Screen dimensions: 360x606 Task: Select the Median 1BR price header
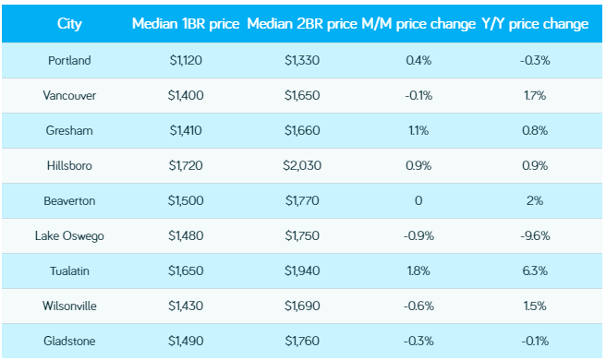pos(186,23)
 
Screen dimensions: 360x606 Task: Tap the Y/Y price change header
pos(535,23)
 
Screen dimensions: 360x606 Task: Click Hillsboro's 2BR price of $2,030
pos(303,165)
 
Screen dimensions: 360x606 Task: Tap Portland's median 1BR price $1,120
pos(186,60)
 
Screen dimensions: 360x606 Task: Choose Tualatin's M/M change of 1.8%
pos(418,270)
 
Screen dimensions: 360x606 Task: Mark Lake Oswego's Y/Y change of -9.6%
pos(535,235)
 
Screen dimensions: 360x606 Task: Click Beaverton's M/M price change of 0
pos(418,200)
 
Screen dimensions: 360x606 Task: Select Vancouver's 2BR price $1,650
pos(303,95)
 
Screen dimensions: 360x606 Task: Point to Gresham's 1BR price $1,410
pos(186,130)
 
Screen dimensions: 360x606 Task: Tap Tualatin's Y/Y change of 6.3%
pos(535,270)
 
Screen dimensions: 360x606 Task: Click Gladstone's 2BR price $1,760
pos(303,341)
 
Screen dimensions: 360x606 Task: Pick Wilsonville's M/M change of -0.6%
pos(418,306)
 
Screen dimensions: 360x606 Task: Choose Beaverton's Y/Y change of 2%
pos(535,200)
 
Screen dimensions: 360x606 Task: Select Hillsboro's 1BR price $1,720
pos(186,165)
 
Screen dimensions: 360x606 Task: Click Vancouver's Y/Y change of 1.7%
pos(535,95)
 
